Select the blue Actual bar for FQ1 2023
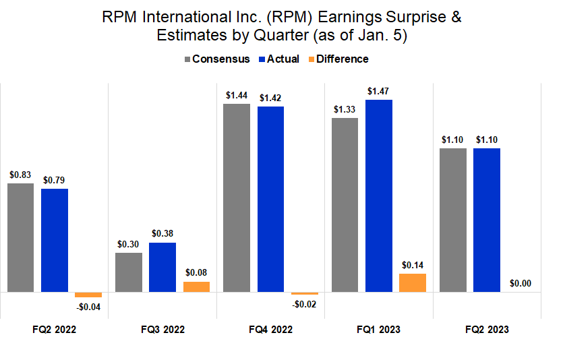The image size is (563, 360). [378, 196]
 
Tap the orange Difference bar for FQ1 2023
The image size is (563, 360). [412, 282]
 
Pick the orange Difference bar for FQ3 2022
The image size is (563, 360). [196, 287]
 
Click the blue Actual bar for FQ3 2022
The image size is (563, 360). [162, 267]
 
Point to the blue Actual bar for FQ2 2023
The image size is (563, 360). [487, 220]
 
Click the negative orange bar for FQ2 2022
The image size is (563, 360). [88, 295]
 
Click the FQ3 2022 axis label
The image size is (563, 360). [162, 330]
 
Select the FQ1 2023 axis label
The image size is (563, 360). [378, 330]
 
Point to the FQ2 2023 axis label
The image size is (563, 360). [487, 330]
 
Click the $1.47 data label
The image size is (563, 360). [378, 91]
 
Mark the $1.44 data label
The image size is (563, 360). [237, 95]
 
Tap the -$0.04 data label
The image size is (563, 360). [88, 307]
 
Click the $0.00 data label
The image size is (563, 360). [520, 284]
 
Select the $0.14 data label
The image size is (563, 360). [412, 265]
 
